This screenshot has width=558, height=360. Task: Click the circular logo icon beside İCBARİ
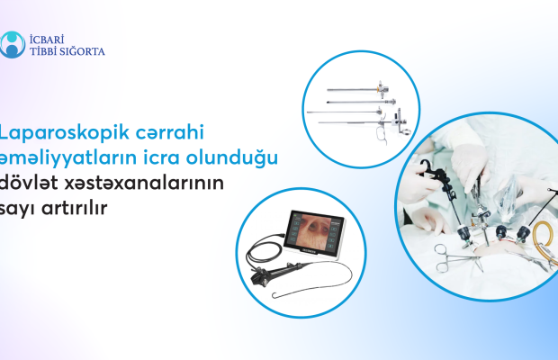pyautogui.click(x=13, y=44)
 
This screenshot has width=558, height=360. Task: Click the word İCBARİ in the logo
pyautogui.click(x=47, y=39)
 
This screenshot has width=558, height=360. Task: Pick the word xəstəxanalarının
pyautogui.click(x=144, y=183)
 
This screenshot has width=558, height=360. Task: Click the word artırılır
pyautogui.click(x=75, y=207)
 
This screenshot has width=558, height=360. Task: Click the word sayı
pyautogui.click(x=17, y=209)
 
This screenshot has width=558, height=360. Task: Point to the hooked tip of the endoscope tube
pyautogui.click(x=274, y=295)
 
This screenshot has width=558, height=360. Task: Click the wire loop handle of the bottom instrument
pyautogui.click(x=382, y=136)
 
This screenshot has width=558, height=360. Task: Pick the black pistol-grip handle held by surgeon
pyautogui.click(x=436, y=175)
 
